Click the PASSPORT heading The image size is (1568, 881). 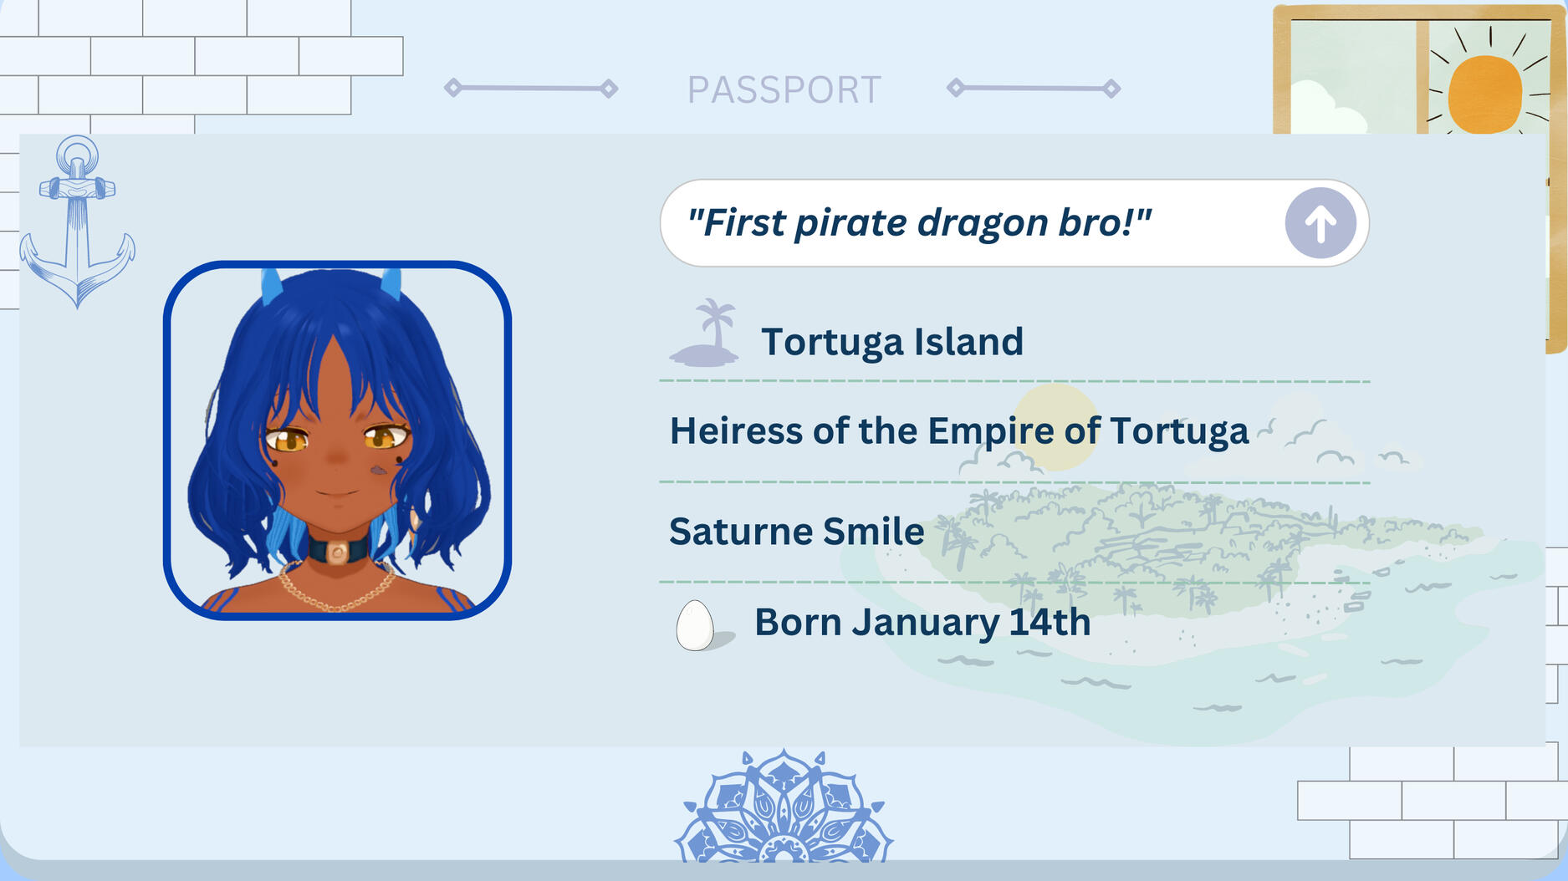pos(784,89)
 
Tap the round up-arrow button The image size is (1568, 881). pos(1320,223)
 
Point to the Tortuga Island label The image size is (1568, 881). pos(892,342)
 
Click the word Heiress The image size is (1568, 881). pos(737,431)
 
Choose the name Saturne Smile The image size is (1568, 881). pos(797,532)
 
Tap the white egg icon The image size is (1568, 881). pos(695,625)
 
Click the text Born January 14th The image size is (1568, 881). pos(922,623)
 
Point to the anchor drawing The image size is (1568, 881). pos(77,222)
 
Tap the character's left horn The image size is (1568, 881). pos(271,286)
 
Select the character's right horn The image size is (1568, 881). pos(391,284)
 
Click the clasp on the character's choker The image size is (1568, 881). pos(337,553)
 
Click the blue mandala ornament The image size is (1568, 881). pos(784,807)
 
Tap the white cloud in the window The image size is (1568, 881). pos(1327,109)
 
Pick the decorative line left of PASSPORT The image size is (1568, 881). pos(531,88)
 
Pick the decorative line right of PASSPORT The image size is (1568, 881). pos(1034,88)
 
